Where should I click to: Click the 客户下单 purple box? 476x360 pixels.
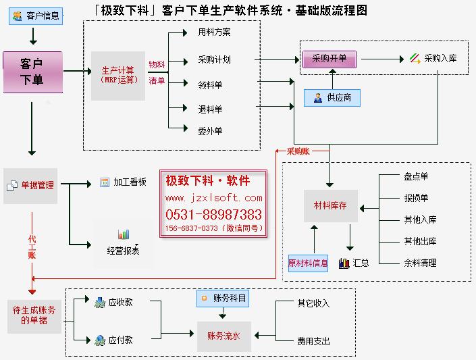click(32, 72)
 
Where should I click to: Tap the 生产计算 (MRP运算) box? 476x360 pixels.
click(118, 75)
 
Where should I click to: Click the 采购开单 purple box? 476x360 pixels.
click(329, 59)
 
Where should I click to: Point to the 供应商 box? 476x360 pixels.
click(332, 98)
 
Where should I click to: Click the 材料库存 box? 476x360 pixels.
click(331, 205)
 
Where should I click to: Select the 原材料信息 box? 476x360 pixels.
click(308, 263)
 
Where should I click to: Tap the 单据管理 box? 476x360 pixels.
click(30, 184)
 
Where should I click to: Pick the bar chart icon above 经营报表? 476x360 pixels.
click(124, 234)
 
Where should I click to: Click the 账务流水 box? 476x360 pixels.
click(224, 335)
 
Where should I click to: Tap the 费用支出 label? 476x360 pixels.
click(313, 341)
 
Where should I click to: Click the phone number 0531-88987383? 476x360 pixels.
click(213, 215)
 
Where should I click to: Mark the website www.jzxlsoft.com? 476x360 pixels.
click(213, 198)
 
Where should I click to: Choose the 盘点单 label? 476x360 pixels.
click(416, 177)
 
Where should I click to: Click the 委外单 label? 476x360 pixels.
click(210, 131)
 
